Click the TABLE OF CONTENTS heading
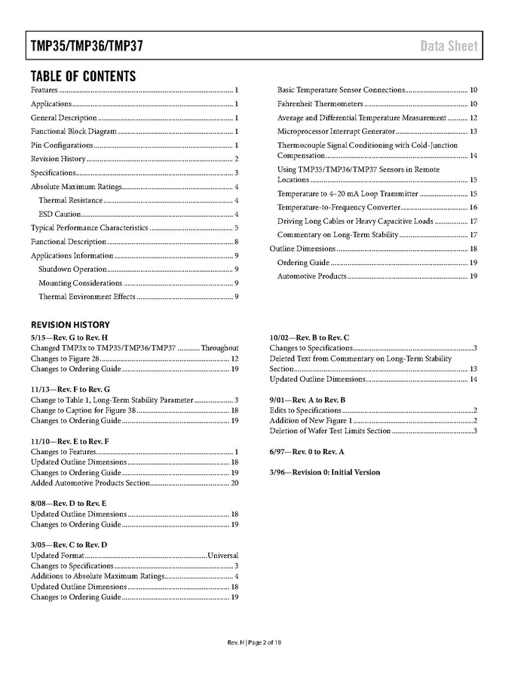pos(83,76)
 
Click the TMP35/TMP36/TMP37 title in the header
pos(87,46)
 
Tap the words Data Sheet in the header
pos(449,46)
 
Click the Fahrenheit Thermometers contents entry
pos(320,104)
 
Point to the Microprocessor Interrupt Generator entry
pos(336,131)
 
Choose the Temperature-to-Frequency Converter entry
pos(339,207)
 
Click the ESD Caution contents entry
pos(60,214)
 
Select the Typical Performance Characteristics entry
pos(89,228)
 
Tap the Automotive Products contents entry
pos(312,276)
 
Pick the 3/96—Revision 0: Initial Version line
pos(325,472)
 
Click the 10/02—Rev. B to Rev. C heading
pos(309,337)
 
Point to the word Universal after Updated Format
pos(223,555)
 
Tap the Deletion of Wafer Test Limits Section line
pos(330,431)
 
